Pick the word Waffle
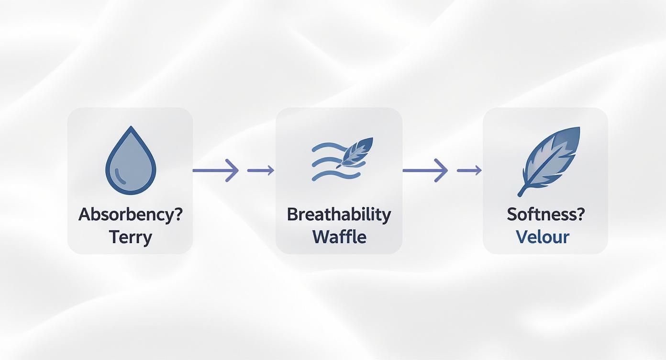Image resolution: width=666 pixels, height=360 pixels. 339,237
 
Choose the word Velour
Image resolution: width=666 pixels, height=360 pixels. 543,237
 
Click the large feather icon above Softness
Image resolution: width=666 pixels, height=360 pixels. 549,161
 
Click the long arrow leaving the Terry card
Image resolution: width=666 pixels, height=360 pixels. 216,170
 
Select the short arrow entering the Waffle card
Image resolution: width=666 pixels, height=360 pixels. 261,170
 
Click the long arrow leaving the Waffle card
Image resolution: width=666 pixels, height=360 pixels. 425,170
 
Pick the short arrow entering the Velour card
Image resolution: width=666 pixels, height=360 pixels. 469,170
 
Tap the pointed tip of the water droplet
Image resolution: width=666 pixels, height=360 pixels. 131,126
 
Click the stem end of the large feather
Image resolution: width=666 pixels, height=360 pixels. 519,195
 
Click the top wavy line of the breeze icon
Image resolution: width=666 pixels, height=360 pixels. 329,147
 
